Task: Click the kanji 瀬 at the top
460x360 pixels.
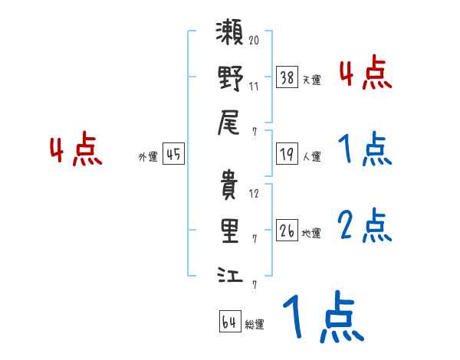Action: click(x=230, y=35)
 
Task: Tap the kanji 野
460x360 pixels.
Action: click(x=230, y=78)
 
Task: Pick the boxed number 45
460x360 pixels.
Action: click(x=173, y=154)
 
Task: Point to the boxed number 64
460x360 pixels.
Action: click(x=229, y=322)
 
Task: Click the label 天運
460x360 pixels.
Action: click(x=311, y=80)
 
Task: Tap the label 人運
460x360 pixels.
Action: click(x=311, y=156)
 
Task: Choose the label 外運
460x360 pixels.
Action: click(x=148, y=156)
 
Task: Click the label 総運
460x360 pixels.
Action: click(x=255, y=325)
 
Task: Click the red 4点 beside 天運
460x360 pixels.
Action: click(x=365, y=74)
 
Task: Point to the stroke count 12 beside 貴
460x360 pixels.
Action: click(x=254, y=193)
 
